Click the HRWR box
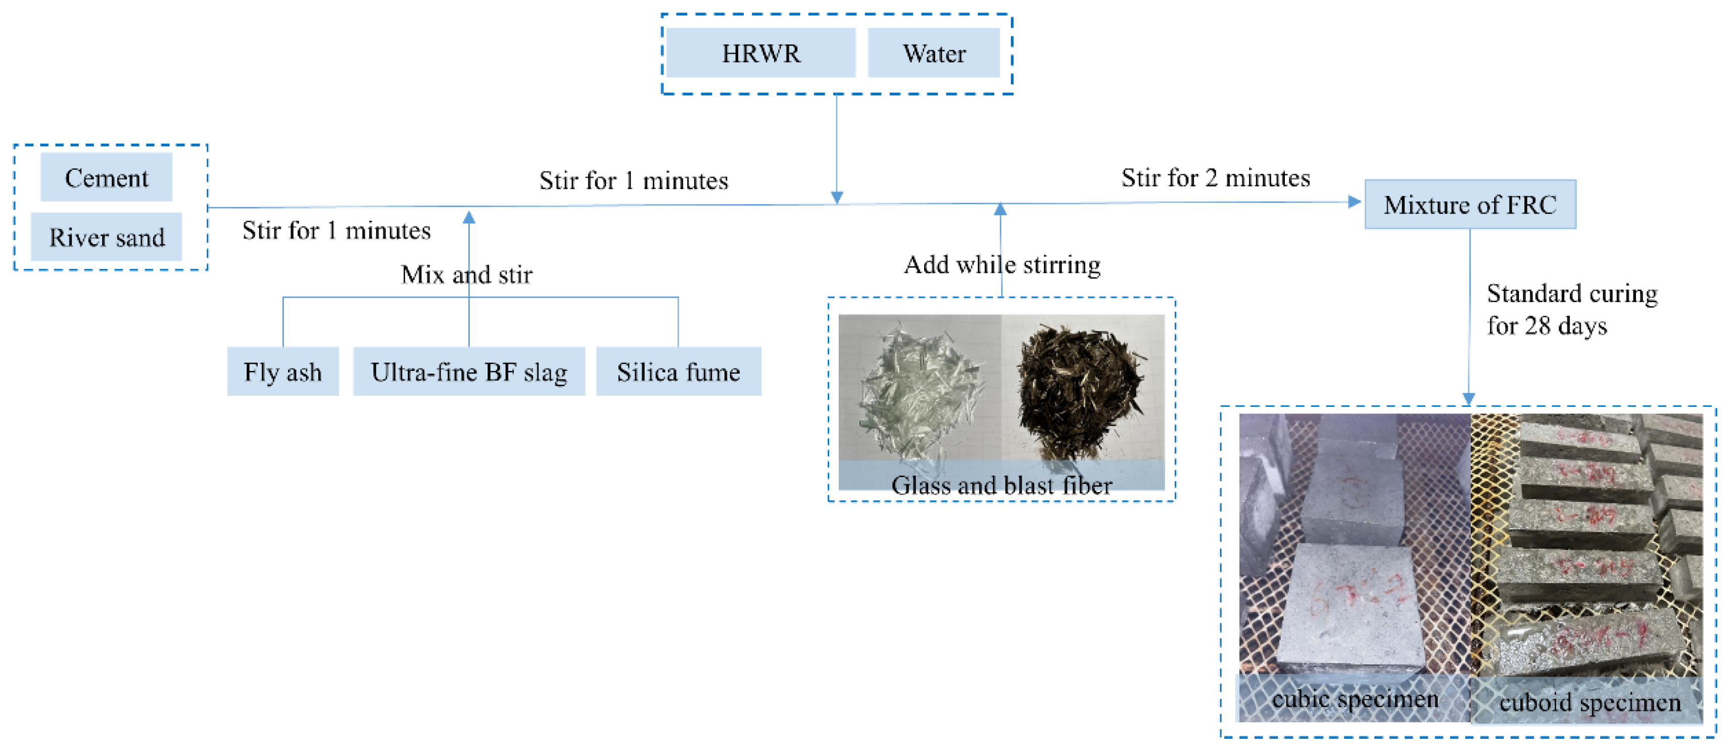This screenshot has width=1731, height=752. pos(761,53)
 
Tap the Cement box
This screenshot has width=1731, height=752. pos(106,177)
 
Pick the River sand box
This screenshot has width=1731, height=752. pos(106,237)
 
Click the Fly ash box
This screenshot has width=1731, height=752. pos(282,371)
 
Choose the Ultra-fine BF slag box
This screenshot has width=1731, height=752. pos(468,371)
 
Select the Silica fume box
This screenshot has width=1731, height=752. pos(678,371)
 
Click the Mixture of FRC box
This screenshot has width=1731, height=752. pos(1470,204)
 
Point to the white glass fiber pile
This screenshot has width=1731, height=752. pos(921,390)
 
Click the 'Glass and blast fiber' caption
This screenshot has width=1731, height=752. pos(1001,485)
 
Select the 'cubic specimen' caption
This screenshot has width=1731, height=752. pos(1355,699)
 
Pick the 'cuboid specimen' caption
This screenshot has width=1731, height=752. pos(1589,702)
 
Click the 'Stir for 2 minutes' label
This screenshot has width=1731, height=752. pos(1215,178)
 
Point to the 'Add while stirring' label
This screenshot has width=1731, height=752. pos(1001,265)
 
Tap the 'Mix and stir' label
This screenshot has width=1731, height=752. pos(466,274)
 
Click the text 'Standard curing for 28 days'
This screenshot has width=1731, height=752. pos(1571,309)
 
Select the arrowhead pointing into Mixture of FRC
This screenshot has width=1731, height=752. pos(1354,202)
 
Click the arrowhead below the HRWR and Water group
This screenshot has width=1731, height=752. pos(837,197)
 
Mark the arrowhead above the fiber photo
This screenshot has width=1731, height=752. pos(1000,209)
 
